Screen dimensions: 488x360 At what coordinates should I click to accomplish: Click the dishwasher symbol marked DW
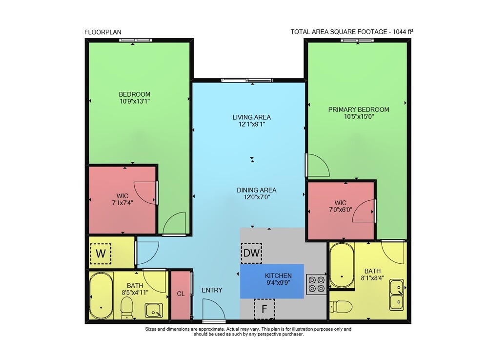[251, 253]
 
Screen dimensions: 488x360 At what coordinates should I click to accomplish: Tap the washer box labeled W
[101, 254]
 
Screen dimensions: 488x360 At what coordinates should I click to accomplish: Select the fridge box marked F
[264, 309]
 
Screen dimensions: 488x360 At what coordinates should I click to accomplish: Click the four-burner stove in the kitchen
[316, 284]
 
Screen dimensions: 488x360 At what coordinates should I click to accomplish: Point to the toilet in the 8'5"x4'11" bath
[127, 308]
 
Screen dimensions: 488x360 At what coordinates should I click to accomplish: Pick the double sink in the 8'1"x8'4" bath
[396, 295]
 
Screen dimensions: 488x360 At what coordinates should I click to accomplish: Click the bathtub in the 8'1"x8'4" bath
[342, 266]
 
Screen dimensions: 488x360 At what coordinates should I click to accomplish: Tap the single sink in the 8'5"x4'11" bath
[154, 311]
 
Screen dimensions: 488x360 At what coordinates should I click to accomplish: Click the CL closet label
[181, 294]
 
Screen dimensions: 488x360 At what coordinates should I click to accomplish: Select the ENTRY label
[212, 290]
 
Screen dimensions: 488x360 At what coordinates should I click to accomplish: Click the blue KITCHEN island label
[278, 275]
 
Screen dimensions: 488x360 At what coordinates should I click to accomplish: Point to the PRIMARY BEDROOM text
[359, 109]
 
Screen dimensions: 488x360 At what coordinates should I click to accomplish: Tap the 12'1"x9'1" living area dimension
[251, 124]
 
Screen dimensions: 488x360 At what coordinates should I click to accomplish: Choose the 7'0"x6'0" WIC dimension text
[341, 210]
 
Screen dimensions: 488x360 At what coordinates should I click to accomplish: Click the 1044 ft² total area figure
[403, 31]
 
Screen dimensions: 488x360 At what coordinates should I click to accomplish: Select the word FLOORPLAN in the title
[102, 32]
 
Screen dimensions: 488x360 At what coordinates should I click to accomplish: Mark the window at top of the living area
[247, 80]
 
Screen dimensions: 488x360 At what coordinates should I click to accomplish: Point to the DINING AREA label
[257, 190]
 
